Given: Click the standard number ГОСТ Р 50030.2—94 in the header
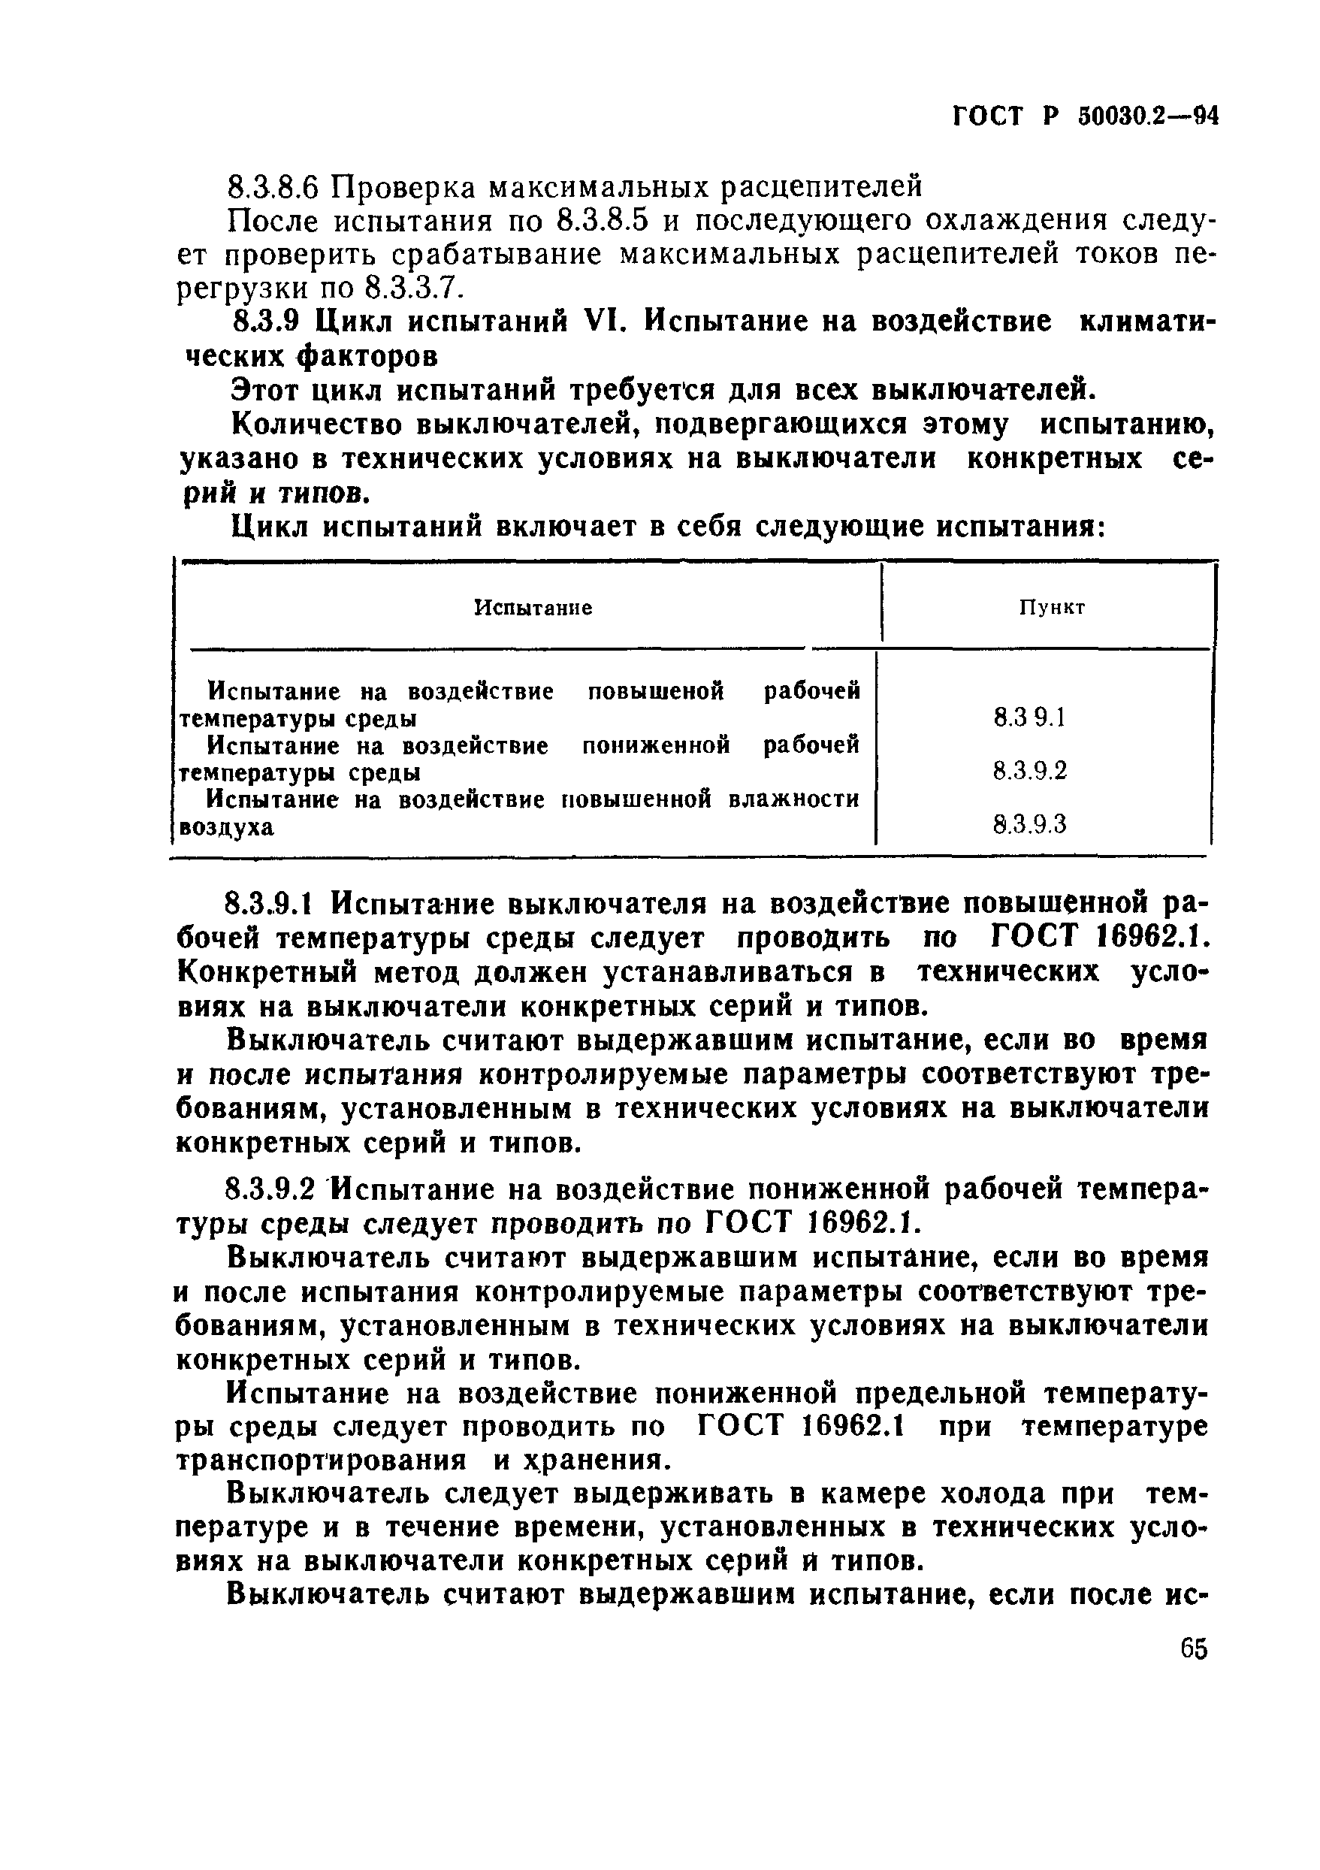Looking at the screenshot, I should click(1086, 118).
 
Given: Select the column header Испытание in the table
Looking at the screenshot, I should click(533, 608).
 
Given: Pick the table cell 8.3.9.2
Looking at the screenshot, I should click(1029, 771).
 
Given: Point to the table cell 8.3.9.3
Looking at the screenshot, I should click(1029, 825).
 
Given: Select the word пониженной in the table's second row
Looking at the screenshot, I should click(657, 745).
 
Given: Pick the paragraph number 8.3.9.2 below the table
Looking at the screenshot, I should click(273, 1191).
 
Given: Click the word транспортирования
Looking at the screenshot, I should click(322, 1461).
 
